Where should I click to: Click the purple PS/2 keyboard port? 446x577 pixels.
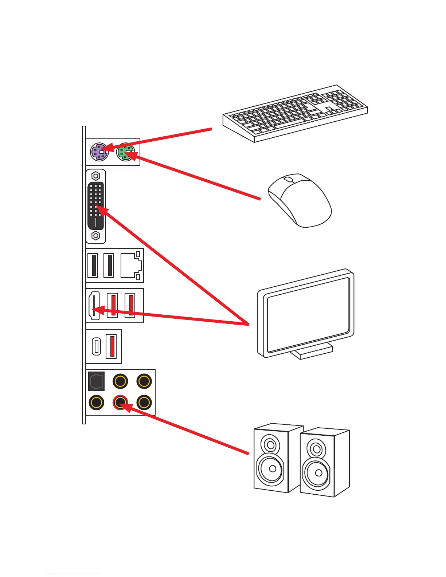click(x=99, y=152)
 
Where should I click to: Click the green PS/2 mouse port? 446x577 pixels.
click(x=125, y=152)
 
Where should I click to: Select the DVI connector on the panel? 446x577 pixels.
click(x=95, y=206)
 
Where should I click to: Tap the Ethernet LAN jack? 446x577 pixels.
click(x=130, y=266)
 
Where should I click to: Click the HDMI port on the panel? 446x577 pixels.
click(x=94, y=306)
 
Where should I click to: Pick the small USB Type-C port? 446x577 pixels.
click(x=96, y=346)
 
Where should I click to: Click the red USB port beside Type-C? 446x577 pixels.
click(x=111, y=346)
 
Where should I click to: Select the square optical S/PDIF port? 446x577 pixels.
click(x=96, y=381)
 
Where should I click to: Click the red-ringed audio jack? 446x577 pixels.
click(x=120, y=403)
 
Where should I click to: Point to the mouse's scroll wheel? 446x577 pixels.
click(x=288, y=180)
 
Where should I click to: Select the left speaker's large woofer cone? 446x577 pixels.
click(x=270, y=468)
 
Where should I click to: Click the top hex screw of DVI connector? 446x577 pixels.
click(x=95, y=176)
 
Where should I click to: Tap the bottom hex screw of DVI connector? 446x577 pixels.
click(x=95, y=236)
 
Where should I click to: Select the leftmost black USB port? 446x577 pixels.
click(x=93, y=266)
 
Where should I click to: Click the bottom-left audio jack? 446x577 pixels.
click(x=96, y=403)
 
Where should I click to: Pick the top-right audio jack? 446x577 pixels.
click(x=144, y=381)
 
